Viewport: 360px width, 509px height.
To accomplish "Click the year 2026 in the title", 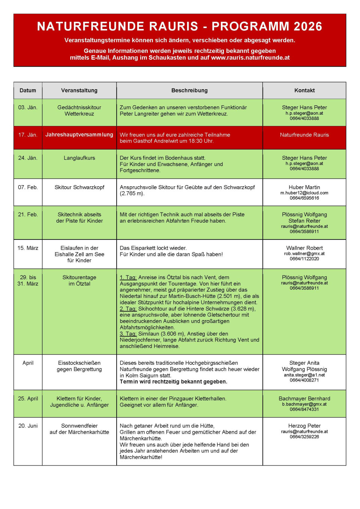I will point(308,26).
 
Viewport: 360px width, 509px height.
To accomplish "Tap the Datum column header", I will point(28,90).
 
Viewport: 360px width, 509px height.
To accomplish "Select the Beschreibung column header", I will point(189,90).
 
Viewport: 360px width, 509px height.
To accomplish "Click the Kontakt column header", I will point(304,90).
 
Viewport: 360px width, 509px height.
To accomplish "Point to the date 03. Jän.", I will point(28,107).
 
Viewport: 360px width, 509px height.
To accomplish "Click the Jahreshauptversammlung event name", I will point(79,135).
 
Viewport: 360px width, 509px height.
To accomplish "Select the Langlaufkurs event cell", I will point(79,158).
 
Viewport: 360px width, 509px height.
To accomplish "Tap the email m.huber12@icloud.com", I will point(304,193).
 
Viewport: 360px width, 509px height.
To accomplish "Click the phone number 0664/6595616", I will point(304,198).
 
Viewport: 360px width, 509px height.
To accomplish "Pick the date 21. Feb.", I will point(28,214).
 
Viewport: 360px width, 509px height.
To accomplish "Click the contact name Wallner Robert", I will point(304,248).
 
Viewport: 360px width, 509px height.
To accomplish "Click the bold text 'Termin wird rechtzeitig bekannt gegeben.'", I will point(173,382).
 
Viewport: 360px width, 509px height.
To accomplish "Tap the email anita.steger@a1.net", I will point(304,375).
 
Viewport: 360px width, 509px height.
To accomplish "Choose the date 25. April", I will point(28,398).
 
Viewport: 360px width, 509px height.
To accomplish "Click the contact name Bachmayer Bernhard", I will point(304,398).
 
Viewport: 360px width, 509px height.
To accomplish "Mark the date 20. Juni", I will point(28,426).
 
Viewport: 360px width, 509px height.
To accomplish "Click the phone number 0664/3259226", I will point(304,437).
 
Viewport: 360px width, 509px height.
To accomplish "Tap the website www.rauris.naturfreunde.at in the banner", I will point(250,58).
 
